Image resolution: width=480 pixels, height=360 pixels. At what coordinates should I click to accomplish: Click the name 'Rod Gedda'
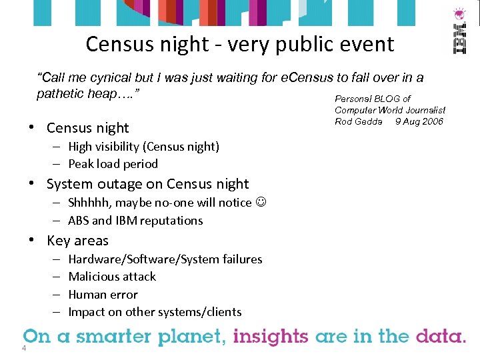359,121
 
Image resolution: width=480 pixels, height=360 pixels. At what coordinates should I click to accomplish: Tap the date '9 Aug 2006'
419,121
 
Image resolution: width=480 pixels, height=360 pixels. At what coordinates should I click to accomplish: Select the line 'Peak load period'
113,164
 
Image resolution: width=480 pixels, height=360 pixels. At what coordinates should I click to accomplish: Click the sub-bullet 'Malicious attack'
112,277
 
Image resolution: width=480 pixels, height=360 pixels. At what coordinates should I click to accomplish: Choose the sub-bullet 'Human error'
103,295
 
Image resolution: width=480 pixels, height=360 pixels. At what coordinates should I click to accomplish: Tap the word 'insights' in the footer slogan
271,336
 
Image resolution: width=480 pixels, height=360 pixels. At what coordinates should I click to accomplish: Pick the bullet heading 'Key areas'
77,241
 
